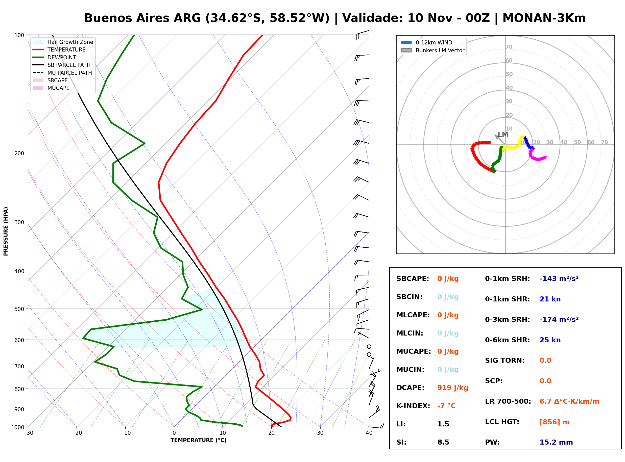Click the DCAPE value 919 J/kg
pos(452,388)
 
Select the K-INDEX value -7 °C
pos(446,406)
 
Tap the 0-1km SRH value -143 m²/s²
pos(559,278)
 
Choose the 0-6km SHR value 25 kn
pos(550,340)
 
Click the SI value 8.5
pos(443,442)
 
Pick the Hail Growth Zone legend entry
pos(63,42)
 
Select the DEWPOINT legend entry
pos(54,57)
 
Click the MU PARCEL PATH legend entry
pos(62,73)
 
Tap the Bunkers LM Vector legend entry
pos(432,50)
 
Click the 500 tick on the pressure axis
pos(19,309)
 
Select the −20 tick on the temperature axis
pos(77,433)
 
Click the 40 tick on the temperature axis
pos(369,433)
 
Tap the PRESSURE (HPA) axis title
pos(6,231)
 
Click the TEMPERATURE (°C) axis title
pos(199,440)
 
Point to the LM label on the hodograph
pos(503,135)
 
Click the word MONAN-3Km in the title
pos(544,18)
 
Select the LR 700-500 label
pos(508,402)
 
